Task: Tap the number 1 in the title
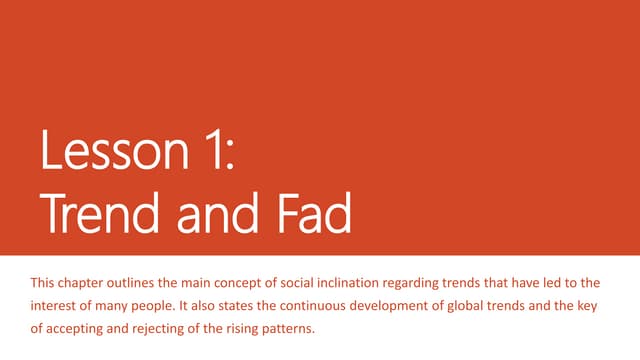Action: click(219, 155)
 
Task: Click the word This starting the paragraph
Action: click(45, 284)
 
